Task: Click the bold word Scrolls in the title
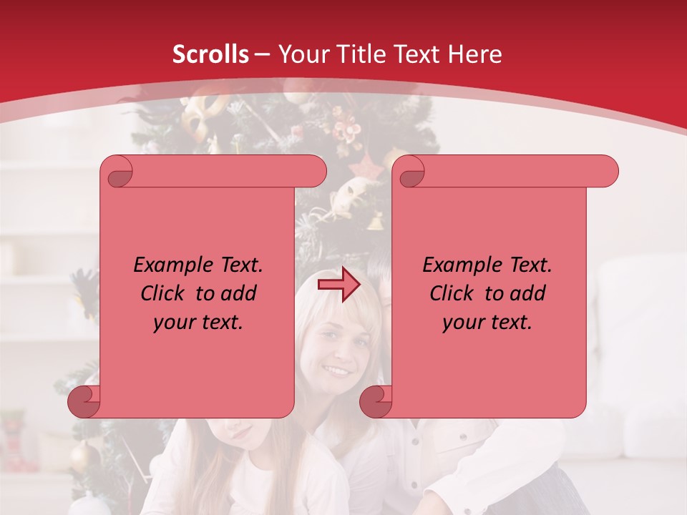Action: tap(210, 54)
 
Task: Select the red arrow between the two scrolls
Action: tap(338, 285)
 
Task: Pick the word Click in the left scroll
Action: tap(164, 293)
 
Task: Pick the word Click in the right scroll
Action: tap(453, 293)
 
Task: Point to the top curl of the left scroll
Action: tap(117, 172)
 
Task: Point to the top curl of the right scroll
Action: tap(409, 172)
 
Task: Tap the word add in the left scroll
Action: tap(238, 293)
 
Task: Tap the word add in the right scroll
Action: tap(527, 293)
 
